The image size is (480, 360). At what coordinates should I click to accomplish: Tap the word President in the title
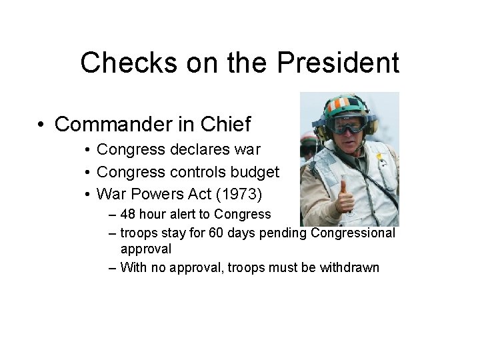coord(338,63)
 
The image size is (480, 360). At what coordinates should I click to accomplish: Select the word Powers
coord(157,194)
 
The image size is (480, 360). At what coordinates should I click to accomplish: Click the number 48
coord(128,215)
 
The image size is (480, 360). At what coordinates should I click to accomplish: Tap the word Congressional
coord(353,233)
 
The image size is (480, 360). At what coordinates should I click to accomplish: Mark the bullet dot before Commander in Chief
coord(41,125)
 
